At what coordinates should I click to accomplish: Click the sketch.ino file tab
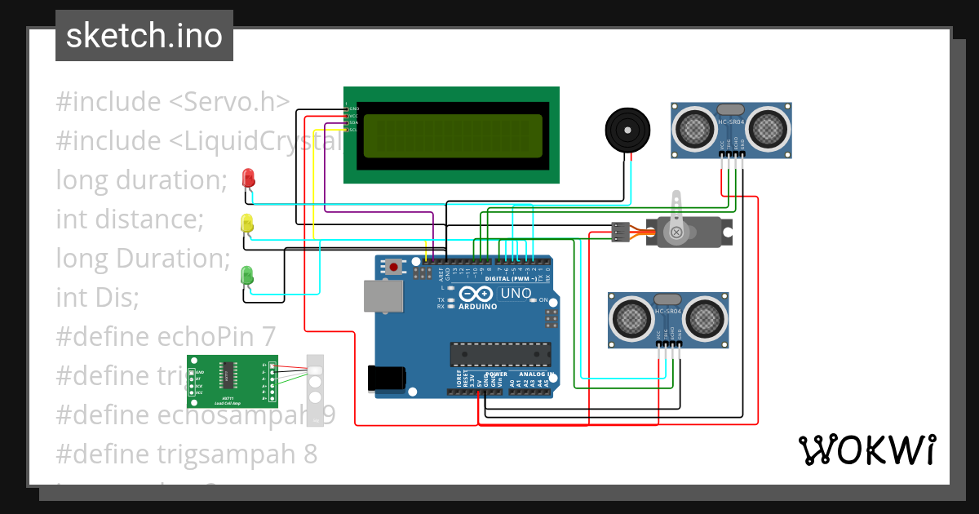click(144, 36)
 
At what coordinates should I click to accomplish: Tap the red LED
click(248, 178)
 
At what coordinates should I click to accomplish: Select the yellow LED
click(247, 223)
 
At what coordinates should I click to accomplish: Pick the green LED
click(247, 276)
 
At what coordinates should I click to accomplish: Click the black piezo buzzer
click(627, 129)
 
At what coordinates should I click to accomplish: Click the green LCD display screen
click(452, 135)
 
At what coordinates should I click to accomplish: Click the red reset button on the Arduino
click(395, 267)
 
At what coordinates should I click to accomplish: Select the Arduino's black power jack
click(386, 378)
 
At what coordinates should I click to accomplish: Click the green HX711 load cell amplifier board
click(233, 381)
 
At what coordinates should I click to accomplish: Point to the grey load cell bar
click(315, 390)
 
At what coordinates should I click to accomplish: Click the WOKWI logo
click(866, 450)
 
